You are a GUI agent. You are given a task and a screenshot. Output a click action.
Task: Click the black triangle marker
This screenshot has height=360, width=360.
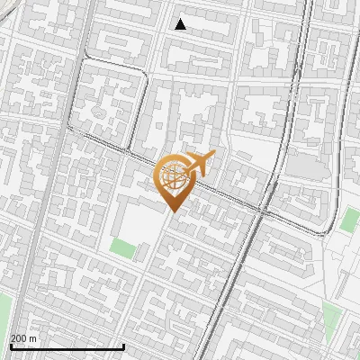(181, 24)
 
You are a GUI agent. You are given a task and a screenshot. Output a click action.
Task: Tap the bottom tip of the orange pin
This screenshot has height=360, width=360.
(172, 211)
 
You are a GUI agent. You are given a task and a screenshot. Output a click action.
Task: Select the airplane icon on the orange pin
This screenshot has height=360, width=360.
(200, 165)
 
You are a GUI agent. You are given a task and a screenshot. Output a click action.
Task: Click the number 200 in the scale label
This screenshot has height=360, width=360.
(20, 338)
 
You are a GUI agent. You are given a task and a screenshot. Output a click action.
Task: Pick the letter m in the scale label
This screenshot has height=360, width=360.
(33, 338)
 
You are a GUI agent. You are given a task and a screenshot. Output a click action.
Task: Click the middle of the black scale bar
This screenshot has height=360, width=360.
(67, 346)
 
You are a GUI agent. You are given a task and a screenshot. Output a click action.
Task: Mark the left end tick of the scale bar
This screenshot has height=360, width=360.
(11, 345)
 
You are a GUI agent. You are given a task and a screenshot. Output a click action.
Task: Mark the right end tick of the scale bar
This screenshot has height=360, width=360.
(124, 345)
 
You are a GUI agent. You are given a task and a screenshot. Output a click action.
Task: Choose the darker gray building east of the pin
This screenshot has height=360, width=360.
(306, 166)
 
